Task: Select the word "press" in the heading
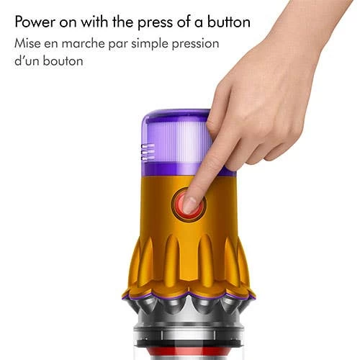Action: pos(155,23)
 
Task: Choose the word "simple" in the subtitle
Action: pos(150,45)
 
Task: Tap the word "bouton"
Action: pos(63,61)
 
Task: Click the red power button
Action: pos(189,204)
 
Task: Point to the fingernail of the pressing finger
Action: pos(189,204)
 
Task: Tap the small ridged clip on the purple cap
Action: pos(148,152)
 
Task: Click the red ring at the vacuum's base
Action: pos(189,352)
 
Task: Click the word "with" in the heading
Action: pos(95,22)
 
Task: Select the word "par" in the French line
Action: pos(118,45)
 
